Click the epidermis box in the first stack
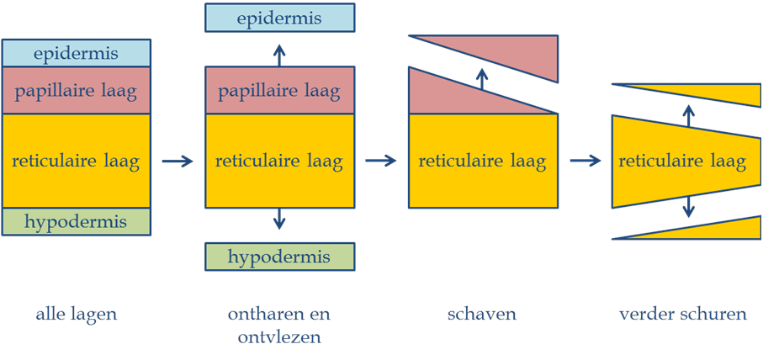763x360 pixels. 76,53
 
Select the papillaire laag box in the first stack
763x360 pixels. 76,90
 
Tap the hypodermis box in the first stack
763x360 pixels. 76,222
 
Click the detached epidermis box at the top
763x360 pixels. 279,18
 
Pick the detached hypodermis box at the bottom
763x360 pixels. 279,257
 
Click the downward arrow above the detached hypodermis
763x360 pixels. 279,220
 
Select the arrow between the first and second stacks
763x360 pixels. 178,161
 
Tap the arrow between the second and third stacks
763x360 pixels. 381,161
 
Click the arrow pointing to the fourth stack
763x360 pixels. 585,161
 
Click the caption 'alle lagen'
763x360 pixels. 76,315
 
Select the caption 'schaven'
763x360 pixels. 481,315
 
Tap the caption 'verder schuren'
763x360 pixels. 683,315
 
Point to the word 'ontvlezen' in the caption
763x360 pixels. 279,336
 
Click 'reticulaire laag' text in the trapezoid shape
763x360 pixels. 682,161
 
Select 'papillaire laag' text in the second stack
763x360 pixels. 279,91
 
